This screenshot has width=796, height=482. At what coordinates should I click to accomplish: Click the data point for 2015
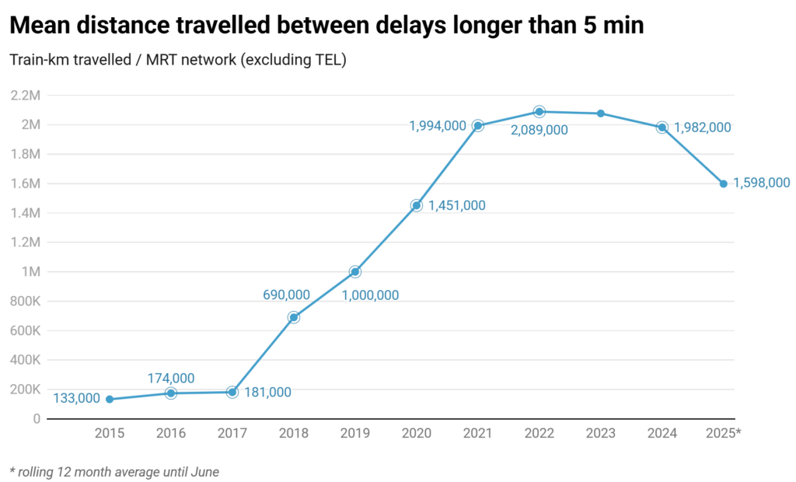110,399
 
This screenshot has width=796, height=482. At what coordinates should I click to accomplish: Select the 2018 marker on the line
294,317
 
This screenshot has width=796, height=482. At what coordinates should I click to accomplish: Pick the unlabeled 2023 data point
601,114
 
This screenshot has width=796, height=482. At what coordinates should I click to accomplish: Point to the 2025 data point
724,183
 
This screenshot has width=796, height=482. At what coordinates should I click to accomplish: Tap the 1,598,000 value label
762,183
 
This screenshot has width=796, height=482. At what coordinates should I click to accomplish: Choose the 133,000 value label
76,399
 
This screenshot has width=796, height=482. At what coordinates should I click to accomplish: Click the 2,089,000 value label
539,131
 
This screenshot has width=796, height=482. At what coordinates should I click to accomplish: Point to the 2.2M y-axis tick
26,96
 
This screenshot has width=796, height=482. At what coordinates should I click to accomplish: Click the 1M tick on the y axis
32,272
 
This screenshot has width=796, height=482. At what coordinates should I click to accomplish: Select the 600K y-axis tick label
26,330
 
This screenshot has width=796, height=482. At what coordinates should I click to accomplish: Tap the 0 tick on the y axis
37,419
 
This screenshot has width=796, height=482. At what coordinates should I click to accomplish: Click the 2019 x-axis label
355,434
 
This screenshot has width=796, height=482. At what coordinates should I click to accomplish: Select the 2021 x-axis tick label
478,434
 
